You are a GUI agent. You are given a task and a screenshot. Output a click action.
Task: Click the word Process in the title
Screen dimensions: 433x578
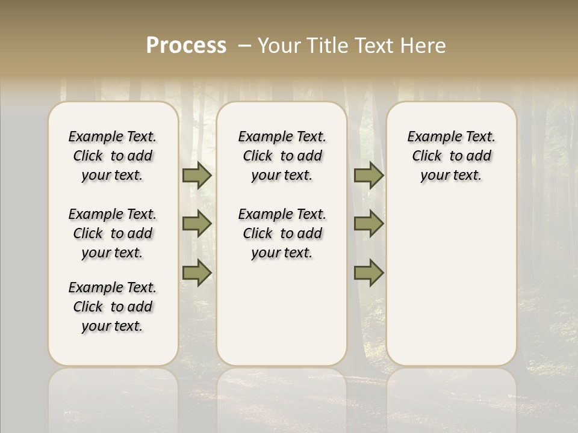(x=186, y=46)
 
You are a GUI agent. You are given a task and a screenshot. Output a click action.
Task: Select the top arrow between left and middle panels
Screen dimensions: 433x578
(x=196, y=176)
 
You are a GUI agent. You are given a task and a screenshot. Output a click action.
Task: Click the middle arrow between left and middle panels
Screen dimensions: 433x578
(x=196, y=224)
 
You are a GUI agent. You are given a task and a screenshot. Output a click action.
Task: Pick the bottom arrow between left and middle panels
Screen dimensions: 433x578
(x=196, y=272)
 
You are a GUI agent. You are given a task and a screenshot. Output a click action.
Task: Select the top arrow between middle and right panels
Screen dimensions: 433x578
(x=368, y=176)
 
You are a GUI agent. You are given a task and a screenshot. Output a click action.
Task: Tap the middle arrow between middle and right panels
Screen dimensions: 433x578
(x=368, y=224)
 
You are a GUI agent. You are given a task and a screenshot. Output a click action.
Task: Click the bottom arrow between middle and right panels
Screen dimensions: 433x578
(x=368, y=272)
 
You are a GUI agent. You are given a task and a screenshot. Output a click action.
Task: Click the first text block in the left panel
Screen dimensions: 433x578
(x=113, y=156)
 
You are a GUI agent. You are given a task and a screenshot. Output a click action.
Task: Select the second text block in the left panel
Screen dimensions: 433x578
(x=113, y=233)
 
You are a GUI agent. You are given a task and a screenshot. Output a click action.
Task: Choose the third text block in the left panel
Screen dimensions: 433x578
(x=113, y=307)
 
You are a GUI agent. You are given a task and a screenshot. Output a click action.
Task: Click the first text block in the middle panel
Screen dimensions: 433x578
(x=282, y=156)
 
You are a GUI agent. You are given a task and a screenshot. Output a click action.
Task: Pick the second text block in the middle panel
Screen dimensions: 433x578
(x=282, y=233)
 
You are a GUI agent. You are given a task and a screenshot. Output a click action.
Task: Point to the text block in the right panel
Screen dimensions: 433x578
(x=451, y=156)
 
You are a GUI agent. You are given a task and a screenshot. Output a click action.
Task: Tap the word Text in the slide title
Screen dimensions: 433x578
(x=376, y=46)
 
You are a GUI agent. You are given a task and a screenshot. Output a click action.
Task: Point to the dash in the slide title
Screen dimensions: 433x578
(x=244, y=45)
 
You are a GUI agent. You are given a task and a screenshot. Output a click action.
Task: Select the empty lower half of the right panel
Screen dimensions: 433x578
(x=451, y=289)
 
